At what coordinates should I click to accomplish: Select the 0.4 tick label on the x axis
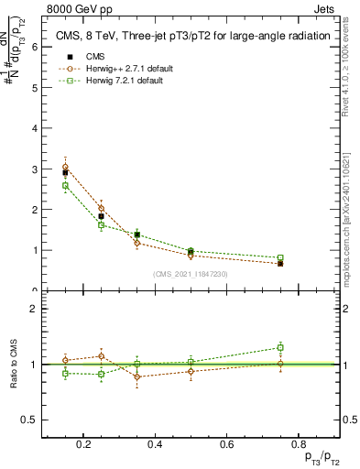click(155, 444)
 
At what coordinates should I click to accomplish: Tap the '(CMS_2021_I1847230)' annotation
click(191, 274)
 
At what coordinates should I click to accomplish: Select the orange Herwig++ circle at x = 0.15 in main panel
click(65, 168)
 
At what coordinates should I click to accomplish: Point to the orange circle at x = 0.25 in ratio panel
click(101, 355)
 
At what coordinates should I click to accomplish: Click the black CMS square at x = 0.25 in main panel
click(101, 216)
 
